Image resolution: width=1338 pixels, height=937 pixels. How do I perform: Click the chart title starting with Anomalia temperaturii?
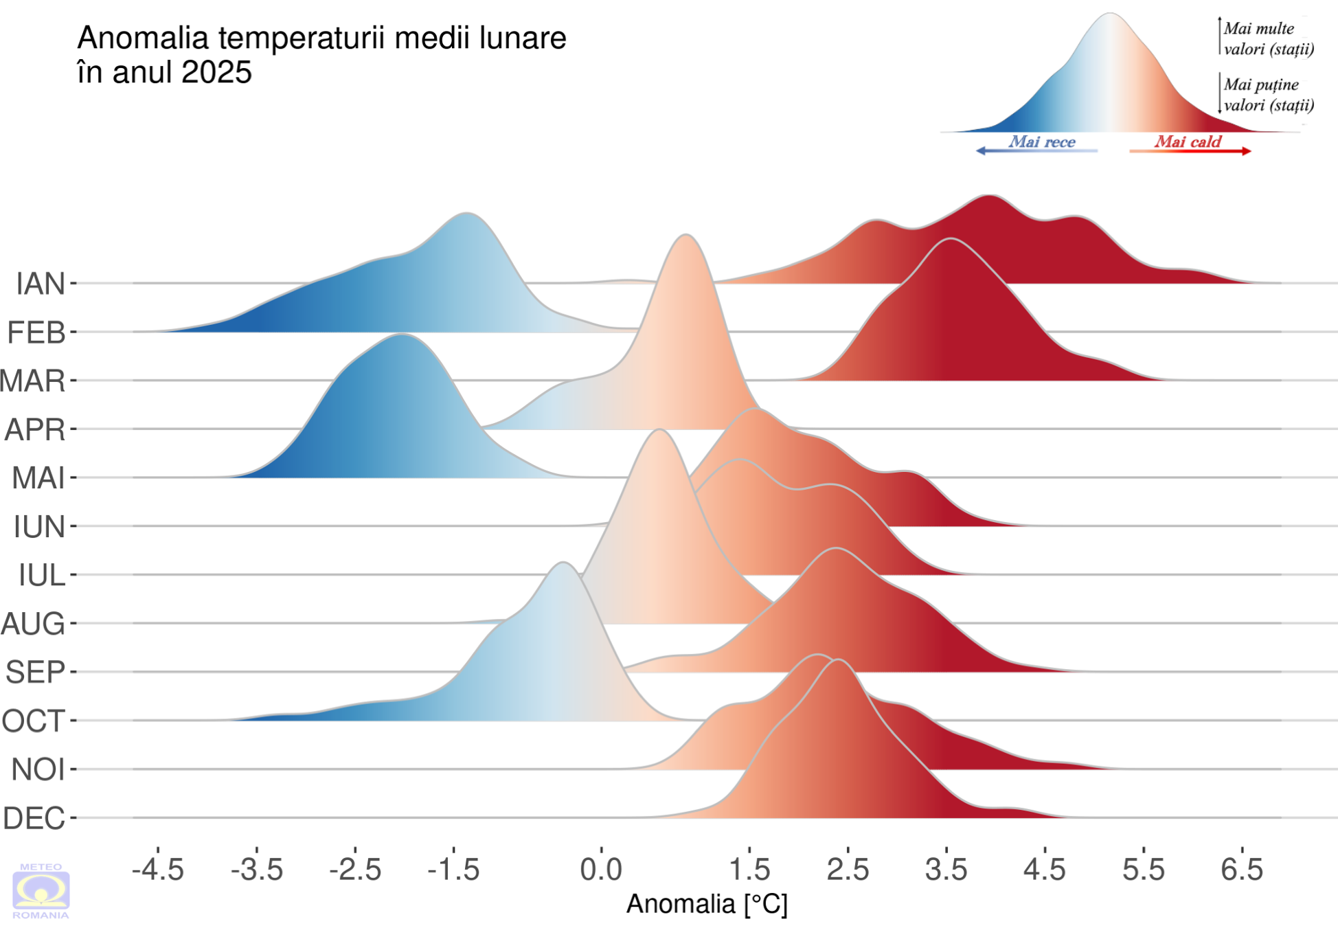[x=321, y=55]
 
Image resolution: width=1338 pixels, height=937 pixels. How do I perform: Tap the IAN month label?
[x=41, y=284]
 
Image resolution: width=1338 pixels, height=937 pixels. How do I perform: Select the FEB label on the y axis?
[x=36, y=332]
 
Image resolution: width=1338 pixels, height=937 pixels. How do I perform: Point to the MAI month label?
[x=38, y=478]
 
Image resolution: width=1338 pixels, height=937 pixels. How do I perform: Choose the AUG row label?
[x=33, y=624]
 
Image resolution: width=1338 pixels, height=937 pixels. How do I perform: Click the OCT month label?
[x=34, y=721]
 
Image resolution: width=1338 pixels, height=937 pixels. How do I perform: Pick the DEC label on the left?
[x=34, y=818]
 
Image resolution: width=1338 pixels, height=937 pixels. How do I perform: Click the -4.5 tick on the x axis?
[x=158, y=870]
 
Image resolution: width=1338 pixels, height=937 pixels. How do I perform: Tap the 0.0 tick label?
[x=601, y=870]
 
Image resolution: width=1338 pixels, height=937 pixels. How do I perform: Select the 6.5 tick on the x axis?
[x=1242, y=870]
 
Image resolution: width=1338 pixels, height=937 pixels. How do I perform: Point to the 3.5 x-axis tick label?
[x=946, y=870]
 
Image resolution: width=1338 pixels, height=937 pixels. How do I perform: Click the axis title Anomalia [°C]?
[x=707, y=904]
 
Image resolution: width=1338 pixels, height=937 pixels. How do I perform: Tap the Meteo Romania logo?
[x=41, y=891]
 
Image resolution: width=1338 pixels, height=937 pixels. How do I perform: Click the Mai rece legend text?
[x=1042, y=142]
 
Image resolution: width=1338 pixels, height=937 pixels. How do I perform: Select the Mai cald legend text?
[x=1188, y=142]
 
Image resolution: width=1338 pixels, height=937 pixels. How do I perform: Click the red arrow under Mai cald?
[x=1190, y=151]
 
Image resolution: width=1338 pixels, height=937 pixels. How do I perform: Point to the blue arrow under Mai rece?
[x=1036, y=151]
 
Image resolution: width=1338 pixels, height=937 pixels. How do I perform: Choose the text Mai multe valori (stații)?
[x=1269, y=38]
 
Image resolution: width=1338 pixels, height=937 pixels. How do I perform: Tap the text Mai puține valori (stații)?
[x=1269, y=95]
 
